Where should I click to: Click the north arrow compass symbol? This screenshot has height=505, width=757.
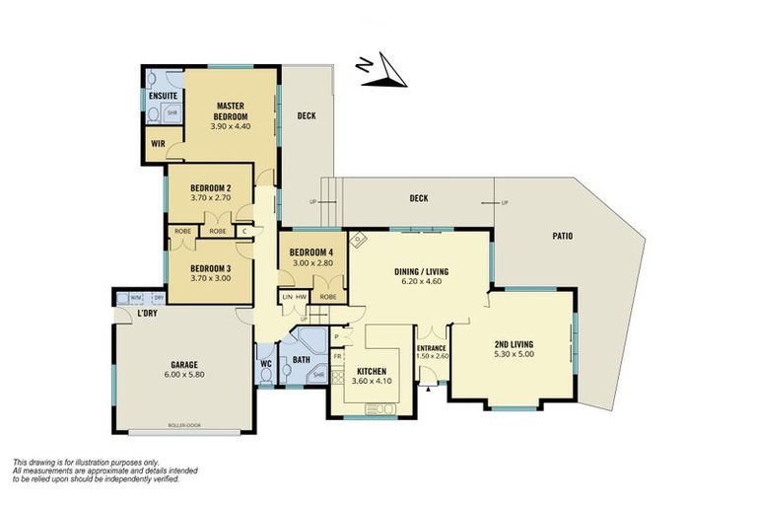pos(383,71)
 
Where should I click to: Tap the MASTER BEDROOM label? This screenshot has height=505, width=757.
pos(231,110)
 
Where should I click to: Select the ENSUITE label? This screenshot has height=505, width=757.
pos(162,96)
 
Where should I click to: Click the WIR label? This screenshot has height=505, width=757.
pos(158,143)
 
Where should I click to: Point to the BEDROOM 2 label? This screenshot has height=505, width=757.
pos(210,187)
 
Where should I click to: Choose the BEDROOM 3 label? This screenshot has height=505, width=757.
pos(210,268)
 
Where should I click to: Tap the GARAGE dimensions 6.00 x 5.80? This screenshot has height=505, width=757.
pos(182,374)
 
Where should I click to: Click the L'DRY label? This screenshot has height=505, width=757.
pos(148,314)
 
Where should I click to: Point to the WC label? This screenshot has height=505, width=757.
pos(265,364)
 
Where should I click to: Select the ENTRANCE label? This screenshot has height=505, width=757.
pos(432,348)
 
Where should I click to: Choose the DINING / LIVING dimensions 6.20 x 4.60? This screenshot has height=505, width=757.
pos(423,281)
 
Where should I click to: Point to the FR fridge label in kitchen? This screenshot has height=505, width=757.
pos(337,356)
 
